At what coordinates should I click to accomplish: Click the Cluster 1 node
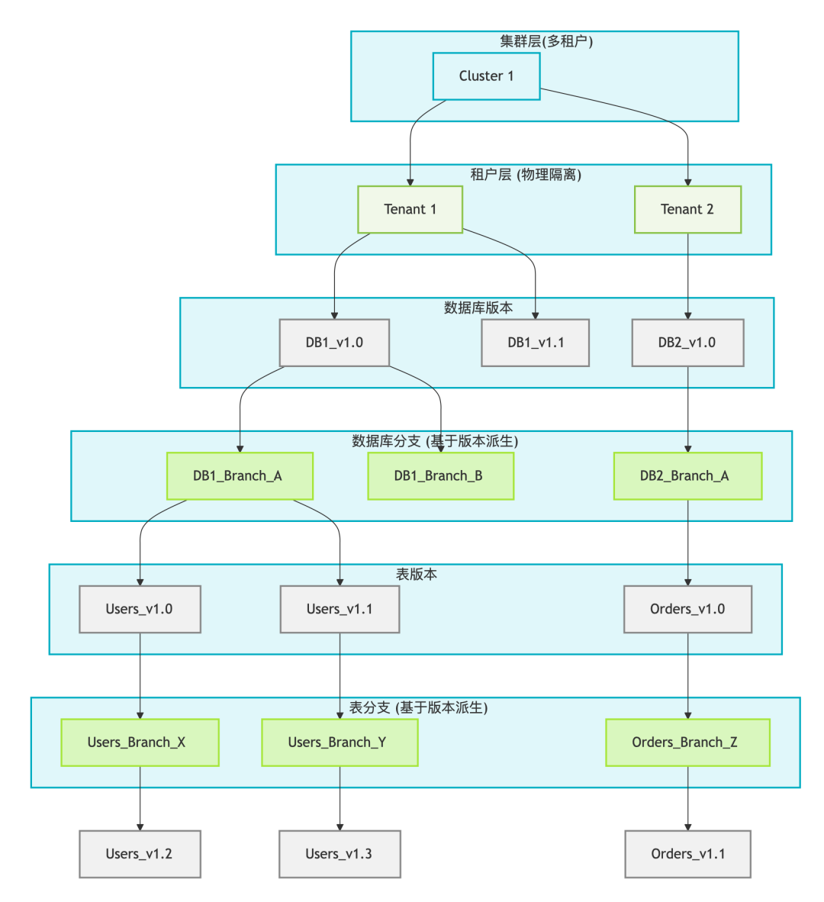486,76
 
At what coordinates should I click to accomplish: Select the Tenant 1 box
410,209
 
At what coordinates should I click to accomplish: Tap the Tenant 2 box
687,209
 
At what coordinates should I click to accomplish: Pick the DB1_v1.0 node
334,343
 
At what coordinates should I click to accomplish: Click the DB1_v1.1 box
535,343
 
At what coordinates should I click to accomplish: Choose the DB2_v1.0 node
687,343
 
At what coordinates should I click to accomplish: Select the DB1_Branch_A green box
240,476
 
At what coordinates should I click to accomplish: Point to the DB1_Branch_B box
440,476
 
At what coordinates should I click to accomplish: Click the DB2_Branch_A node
687,476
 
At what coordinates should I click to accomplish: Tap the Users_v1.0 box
140,609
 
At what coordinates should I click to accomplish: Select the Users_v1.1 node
340,609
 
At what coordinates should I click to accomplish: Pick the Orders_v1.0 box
687,609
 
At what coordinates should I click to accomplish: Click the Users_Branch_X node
140,743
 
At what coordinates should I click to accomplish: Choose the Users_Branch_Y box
340,743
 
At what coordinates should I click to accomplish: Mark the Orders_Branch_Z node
687,743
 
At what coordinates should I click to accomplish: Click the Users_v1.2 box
140,854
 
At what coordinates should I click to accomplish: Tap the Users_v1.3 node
340,854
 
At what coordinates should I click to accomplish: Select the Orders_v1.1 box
687,854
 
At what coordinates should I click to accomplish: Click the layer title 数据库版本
478,308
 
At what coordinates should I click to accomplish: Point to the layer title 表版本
417,575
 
